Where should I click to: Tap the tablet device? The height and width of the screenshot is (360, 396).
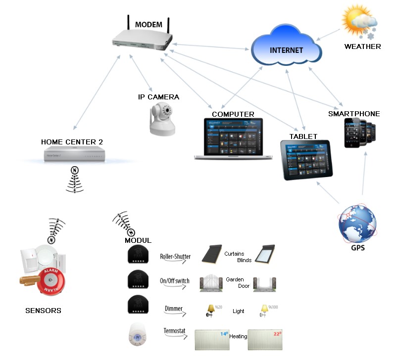coord(306,159)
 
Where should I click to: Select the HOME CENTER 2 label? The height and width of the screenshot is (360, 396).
coord(72,142)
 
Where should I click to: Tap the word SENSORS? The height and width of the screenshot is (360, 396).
coord(43,311)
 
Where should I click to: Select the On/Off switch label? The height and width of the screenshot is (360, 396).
coord(174,281)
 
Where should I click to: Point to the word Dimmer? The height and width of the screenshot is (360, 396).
coord(173,309)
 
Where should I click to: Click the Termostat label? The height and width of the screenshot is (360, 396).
coord(174,331)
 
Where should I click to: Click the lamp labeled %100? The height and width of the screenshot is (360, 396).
coord(265,310)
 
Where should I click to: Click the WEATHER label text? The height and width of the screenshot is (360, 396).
coord(363,46)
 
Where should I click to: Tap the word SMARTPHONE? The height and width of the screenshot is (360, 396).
coord(354,114)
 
